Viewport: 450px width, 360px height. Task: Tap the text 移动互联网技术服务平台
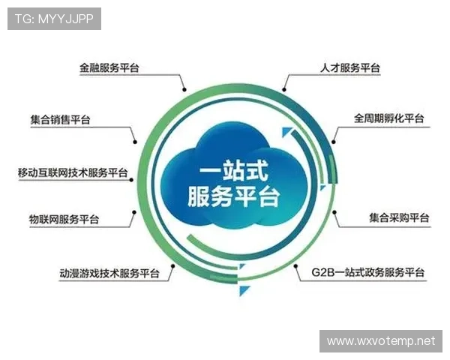pos(73,172)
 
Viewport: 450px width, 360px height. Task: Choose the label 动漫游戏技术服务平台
pos(109,273)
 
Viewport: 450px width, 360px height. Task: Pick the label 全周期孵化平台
pos(389,119)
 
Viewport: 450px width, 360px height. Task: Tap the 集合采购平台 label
pos(399,218)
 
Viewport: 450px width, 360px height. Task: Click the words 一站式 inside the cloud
pos(223,169)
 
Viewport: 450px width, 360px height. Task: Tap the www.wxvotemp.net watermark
pos(381,341)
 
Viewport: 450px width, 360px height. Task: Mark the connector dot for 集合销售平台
pos(135,140)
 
